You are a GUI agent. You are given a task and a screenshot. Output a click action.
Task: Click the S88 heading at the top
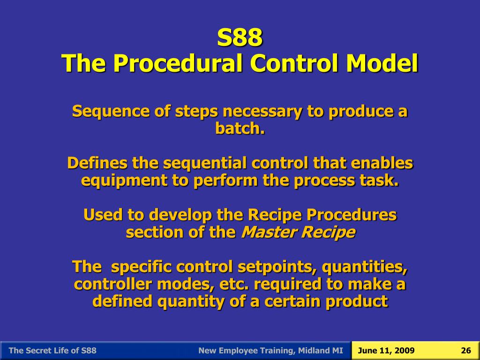coord(240,38)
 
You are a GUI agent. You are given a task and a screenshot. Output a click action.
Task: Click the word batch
coord(240,128)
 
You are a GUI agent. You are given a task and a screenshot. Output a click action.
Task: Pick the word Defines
coord(97,163)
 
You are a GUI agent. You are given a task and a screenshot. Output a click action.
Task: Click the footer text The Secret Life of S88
coord(52,351)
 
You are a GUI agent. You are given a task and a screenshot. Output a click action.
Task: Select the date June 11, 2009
coord(386,351)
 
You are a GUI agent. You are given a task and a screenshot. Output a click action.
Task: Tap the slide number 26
coord(465,351)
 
